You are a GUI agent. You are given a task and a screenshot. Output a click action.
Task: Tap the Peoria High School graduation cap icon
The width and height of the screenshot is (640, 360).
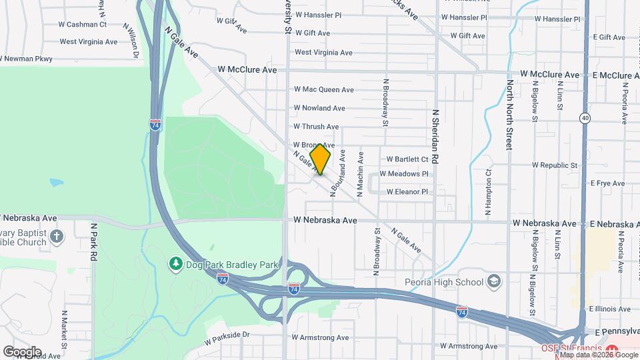pos(493,282)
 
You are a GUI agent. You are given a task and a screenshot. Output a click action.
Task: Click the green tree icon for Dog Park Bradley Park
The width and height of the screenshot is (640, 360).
pos(176,265)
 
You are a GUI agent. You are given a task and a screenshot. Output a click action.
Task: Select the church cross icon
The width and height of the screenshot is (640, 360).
pos(57,236)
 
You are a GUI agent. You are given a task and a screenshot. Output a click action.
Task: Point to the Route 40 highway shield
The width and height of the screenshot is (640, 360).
pos(585,118)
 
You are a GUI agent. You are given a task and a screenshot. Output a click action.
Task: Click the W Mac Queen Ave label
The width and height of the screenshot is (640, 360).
pos(324,89)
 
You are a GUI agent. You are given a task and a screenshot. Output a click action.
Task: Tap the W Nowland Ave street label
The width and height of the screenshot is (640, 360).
pos(320,108)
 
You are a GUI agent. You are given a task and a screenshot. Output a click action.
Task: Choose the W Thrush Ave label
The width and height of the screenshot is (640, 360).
pos(317,127)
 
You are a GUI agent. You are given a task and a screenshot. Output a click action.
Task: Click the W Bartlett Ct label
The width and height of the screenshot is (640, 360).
pos(407,159)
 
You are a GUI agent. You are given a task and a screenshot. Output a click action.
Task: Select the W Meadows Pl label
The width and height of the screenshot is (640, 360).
pos(404,174)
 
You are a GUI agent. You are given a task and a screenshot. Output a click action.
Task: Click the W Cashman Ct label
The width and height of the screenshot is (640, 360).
pos(83,25)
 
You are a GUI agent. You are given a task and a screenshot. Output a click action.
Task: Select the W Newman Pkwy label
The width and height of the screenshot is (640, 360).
pos(27,59)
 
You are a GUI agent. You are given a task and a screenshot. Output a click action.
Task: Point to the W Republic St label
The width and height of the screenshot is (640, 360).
pos(554,165)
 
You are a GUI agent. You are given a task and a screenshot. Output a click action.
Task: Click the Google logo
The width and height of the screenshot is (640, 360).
pos(22,351)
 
